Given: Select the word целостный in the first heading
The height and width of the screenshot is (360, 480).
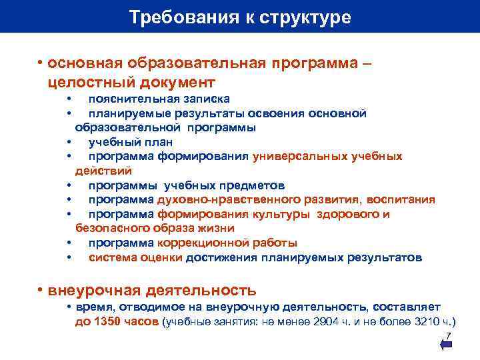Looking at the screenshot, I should point(89,82).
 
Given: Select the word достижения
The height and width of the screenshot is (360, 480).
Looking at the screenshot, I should point(221,257).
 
